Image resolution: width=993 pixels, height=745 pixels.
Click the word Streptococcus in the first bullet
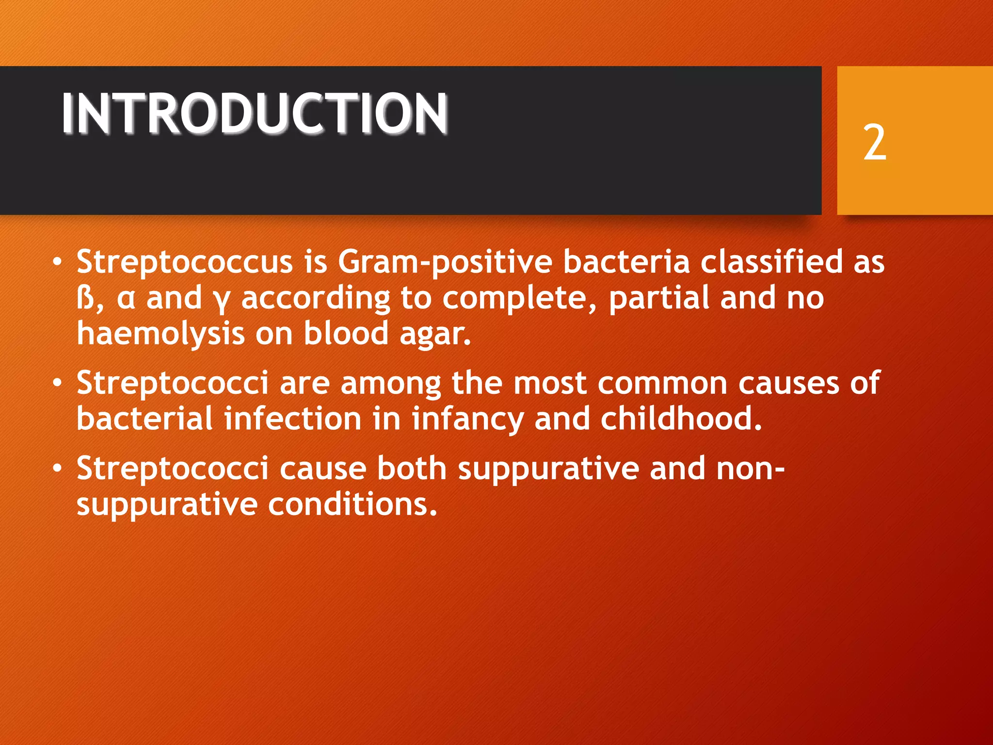tap(184, 262)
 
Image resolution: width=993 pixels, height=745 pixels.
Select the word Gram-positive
tap(445, 262)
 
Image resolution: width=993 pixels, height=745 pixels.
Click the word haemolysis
tap(160, 335)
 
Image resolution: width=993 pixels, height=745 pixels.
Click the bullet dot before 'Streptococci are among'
tap(58, 384)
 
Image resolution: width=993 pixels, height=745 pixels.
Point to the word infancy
tap(467, 420)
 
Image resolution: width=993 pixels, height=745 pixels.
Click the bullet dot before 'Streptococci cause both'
tap(58, 469)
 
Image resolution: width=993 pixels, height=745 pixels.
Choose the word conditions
tap(352, 504)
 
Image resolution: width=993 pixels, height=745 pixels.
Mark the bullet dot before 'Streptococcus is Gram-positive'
tap(58, 262)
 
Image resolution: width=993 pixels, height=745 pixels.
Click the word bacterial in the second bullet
tap(144, 419)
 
